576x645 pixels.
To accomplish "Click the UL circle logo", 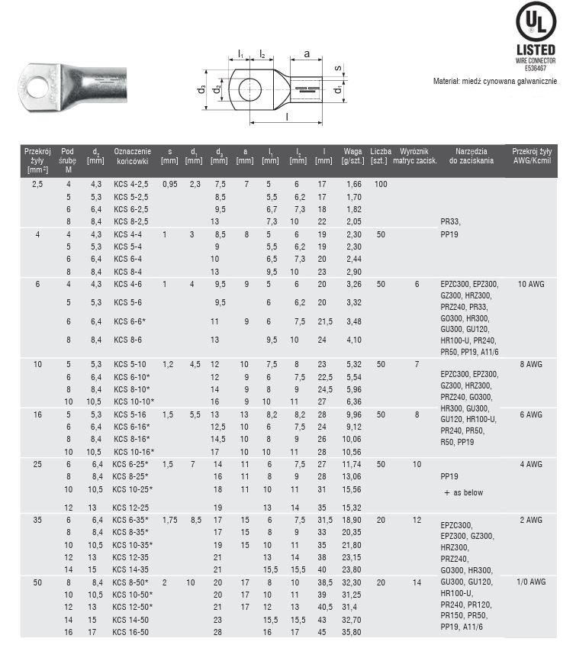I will coord(536,23).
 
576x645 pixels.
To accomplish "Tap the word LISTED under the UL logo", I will coord(536,50).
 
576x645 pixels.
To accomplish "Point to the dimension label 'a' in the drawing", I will coord(306,54).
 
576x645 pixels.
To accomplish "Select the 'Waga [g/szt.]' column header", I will coord(352,156).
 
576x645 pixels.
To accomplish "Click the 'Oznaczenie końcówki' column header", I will coord(132,156).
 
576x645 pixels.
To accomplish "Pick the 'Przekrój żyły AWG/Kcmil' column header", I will coord(532,156).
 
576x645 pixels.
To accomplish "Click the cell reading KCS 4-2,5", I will coord(130,185).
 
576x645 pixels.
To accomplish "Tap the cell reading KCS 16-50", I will coord(129,632).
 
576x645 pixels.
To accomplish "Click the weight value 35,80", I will coord(352,632).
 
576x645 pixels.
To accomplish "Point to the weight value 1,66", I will coord(353,185).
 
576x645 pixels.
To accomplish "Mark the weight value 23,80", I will coord(352,569).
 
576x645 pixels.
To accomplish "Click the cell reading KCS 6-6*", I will coord(130,321).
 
